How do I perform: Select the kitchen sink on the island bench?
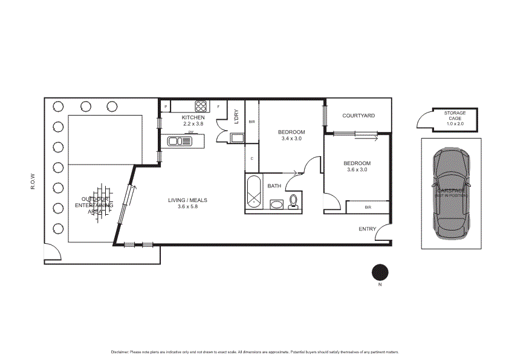tap(181, 141)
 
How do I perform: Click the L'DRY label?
tap(236, 117)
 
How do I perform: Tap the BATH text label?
tap(274, 186)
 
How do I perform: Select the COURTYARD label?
tap(358, 116)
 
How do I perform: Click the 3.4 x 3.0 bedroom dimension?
tap(291, 139)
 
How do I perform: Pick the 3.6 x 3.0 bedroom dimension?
tap(357, 170)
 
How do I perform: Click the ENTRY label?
tap(367, 229)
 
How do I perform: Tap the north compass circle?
tap(380, 272)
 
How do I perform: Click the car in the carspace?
tap(451, 194)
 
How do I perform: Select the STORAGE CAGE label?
tap(455, 116)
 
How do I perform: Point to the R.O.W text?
tap(34, 182)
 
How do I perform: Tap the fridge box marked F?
tap(218, 106)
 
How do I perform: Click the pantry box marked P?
tap(166, 107)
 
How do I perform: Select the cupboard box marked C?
tap(251, 159)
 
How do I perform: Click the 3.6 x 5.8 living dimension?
tap(187, 207)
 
